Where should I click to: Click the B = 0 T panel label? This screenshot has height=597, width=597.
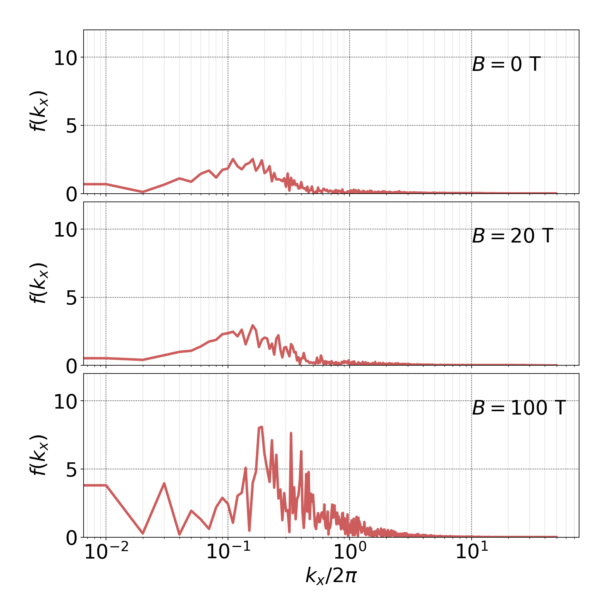click(x=506, y=65)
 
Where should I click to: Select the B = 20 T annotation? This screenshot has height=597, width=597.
click(x=512, y=236)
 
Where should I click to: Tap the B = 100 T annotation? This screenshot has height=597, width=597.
click(x=519, y=408)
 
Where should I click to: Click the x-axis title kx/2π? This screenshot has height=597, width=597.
click(x=331, y=575)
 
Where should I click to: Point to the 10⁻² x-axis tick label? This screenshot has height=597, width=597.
click(x=106, y=552)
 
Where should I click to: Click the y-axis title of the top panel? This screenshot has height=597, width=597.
click(x=38, y=111)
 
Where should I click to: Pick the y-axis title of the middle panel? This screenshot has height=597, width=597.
click(x=38, y=283)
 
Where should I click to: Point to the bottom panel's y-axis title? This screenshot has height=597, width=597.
click(x=38, y=455)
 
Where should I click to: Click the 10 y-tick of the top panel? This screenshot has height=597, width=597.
click(x=65, y=58)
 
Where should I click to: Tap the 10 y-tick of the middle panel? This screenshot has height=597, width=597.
click(x=65, y=230)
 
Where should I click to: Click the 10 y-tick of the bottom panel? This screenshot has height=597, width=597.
click(x=65, y=402)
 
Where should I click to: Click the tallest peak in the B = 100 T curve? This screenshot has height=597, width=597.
click(x=261, y=427)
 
